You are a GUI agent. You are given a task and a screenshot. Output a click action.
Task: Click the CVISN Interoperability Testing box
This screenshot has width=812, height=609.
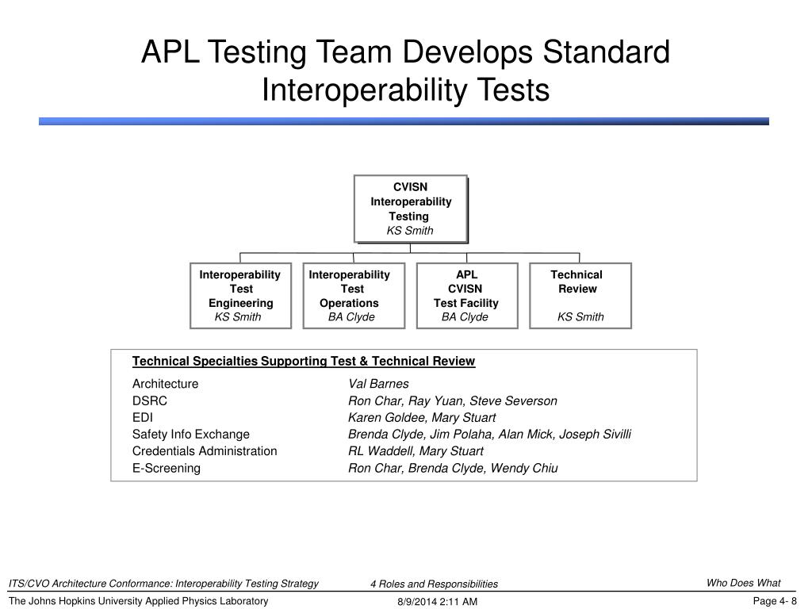pyautogui.click(x=410, y=208)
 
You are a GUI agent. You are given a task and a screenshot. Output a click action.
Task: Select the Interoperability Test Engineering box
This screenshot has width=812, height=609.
pyautogui.click(x=240, y=295)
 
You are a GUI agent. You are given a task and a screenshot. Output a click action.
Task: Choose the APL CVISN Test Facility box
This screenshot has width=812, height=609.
pyautogui.click(x=466, y=295)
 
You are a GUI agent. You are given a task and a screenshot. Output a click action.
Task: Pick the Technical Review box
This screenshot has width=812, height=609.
pyautogui.click(x=580, y=295)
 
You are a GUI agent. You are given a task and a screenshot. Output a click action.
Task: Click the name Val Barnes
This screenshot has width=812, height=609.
pyautogui.click(x=378, y=384)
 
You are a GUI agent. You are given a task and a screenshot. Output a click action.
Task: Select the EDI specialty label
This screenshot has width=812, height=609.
pyautogui.click(x=143, y=417)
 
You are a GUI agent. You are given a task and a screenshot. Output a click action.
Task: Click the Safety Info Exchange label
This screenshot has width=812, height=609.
pyautogui.click(x=191, y=434)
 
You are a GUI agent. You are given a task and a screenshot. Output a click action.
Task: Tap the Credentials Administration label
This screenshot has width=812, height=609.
pyautogui.click(x=205, y=451)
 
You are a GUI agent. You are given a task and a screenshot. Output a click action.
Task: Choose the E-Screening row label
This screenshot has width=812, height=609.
pyautogui.click(x=167, y=468)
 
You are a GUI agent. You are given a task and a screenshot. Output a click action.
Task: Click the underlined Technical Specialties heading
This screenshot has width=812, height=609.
pyautogui.click(x=304, y=362)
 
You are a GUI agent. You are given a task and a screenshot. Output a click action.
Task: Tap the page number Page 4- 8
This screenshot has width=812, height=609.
pyautogui.click(x=774, y=601)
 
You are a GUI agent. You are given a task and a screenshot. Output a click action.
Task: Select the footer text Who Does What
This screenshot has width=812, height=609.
pyautogui.click(x=743, y=583)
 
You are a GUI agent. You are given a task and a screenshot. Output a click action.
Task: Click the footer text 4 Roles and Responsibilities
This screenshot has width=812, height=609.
pyautogui.click(x=434, y=584)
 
